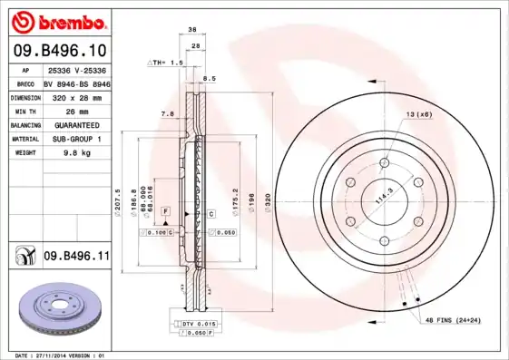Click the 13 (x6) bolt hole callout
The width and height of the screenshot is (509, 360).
[x=418, y=114]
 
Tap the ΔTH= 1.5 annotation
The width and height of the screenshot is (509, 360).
[x=165, y=63]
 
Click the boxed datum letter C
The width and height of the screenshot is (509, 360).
[x=210, y=214]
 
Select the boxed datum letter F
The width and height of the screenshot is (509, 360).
[x=165, y=210]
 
